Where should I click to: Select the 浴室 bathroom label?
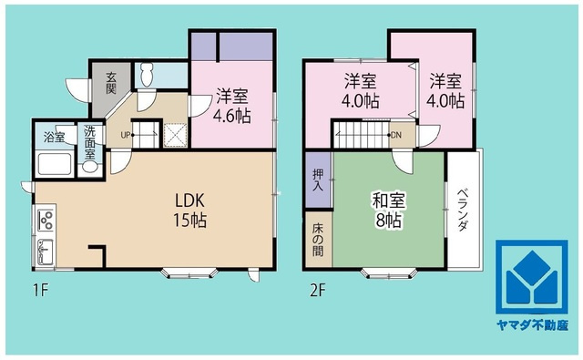(x=54, y=138)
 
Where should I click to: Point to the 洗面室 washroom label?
(x=90, y=143)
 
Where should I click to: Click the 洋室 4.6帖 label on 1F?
(x=232, y=106)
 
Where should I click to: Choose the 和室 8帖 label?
(x=388, y=208)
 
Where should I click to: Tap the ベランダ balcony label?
(x=463, y=210)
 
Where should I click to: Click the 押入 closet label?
(x=318, y=179)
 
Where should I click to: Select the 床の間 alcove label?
(x=318, y=237)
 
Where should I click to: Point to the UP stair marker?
(x=125, y=136)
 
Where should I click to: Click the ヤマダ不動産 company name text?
(x=532, y=324)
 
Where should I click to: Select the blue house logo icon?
(x=532, y=278)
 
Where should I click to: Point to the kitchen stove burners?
(x=45, y=220)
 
